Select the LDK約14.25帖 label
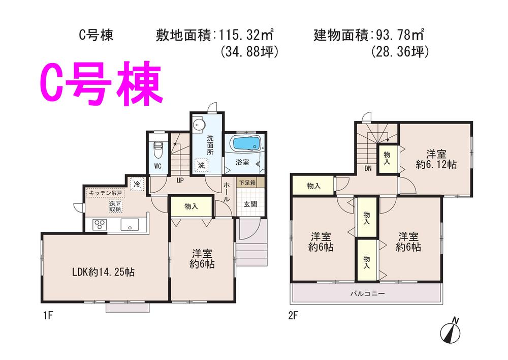click(103, 272)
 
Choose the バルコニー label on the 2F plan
click(367, 293)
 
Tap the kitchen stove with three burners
click(100, 224)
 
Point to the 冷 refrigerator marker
click(136, 184)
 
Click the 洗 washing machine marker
click(201, 165)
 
